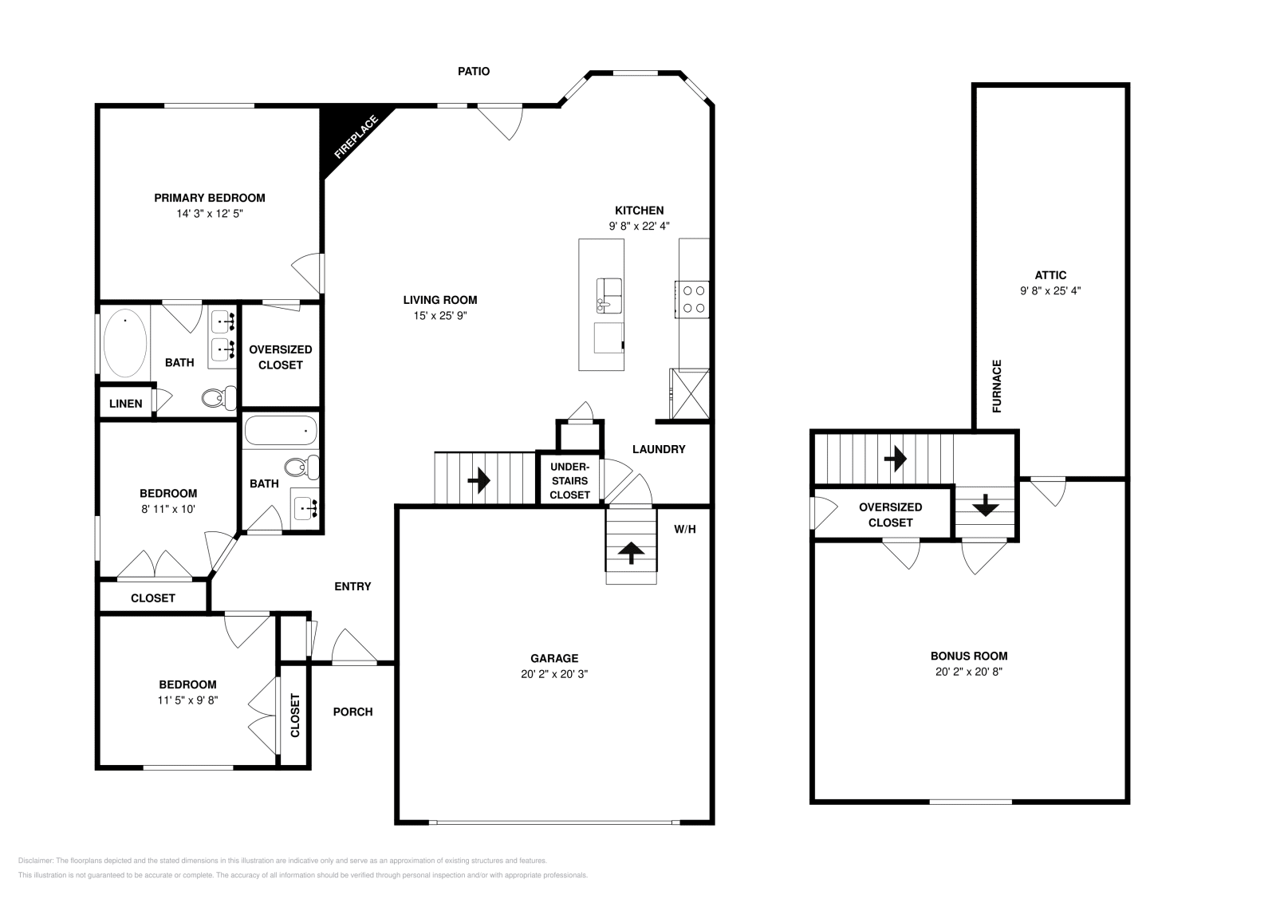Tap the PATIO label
[473, 71]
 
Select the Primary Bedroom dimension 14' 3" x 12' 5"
[210, 214]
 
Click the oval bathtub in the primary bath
[125, 344]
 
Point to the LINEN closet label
[126, 404]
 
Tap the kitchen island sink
[609, 295]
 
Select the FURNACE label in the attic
[997, 386]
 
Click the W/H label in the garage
[685, 529]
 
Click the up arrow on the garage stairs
[632, 552]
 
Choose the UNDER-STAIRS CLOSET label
[569, 480]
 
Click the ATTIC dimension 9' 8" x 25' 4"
[1050, 291]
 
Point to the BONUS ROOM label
[969, 656]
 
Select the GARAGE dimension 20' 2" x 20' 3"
[554, 674]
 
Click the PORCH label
[352, 712]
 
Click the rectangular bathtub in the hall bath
[280, 432]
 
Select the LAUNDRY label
[659, 449]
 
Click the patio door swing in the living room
[502, 121]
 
